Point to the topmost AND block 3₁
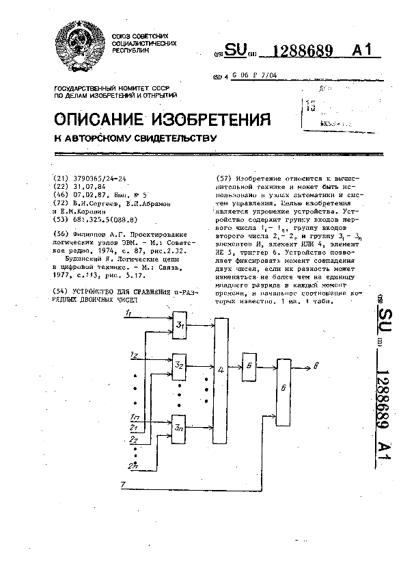tap(180, 324)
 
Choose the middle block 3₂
tap(180, 365)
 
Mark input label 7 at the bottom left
tap(122, 485)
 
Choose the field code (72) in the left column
tap(60, 203)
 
